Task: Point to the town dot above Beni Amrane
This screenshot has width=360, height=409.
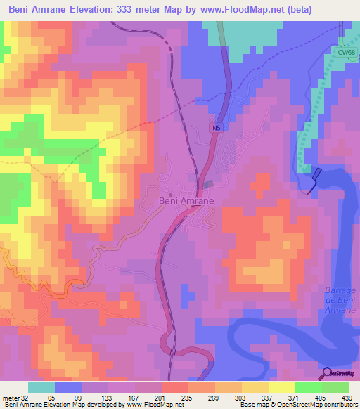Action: click(171, 195)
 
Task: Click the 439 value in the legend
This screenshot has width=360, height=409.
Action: click(347, 398)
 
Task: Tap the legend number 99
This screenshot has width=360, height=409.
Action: click(81, 398)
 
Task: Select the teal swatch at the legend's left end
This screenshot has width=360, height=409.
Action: click(41, 387)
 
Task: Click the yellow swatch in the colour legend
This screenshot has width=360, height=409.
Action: click(281, 387)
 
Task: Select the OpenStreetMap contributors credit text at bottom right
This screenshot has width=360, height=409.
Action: click(321, 405)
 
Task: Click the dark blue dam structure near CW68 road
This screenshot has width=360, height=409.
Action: click(316, 179)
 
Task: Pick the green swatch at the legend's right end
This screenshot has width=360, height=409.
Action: click(335, 387)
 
